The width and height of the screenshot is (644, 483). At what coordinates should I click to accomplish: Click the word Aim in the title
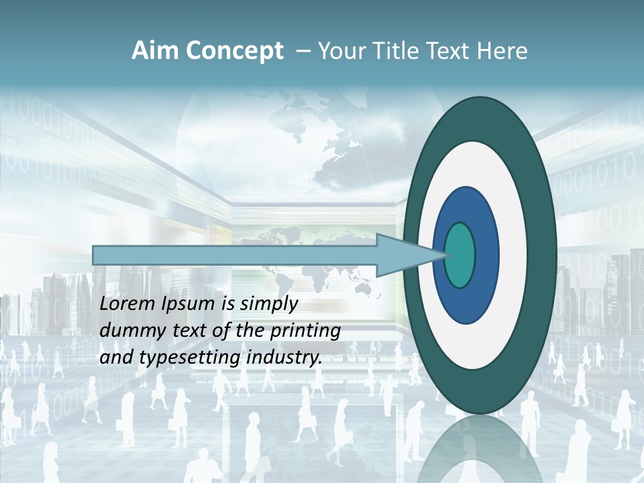[x=155, y=51]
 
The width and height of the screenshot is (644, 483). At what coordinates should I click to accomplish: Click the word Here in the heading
[x=503, y=51]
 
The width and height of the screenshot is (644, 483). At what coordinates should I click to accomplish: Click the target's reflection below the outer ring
[x=480, y=443]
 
